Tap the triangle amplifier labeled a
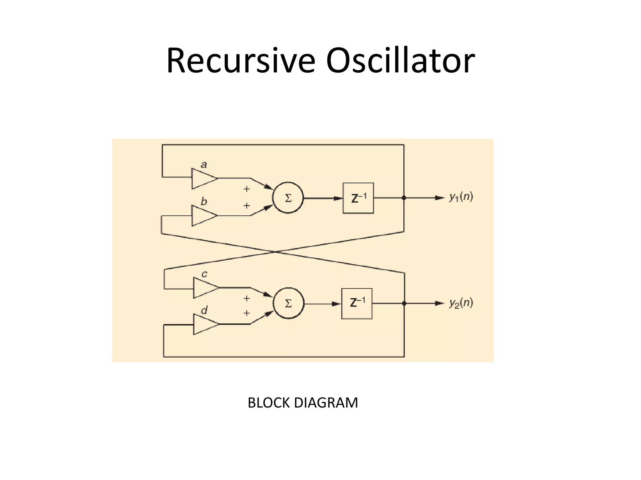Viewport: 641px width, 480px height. [203, 179]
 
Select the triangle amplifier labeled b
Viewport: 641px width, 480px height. [203, 216]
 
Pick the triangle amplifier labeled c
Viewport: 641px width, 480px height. [204, 288]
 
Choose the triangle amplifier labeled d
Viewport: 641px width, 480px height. [204, 324]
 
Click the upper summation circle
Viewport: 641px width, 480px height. [288, 198]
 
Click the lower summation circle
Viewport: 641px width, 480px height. [288, 303]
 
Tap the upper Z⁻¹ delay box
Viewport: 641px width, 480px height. [358, 198]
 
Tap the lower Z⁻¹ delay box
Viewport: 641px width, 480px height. [357, 303]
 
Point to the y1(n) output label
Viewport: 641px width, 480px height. [461, 197]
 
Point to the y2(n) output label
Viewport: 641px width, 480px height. [461, 303]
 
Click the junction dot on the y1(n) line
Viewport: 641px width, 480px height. [404, 198]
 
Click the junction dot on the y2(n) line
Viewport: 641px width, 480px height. [404, 303]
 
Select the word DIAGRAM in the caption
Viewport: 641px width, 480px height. [326, 403]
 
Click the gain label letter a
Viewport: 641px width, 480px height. [204, 165]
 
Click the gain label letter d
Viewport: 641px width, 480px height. [204, 310]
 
